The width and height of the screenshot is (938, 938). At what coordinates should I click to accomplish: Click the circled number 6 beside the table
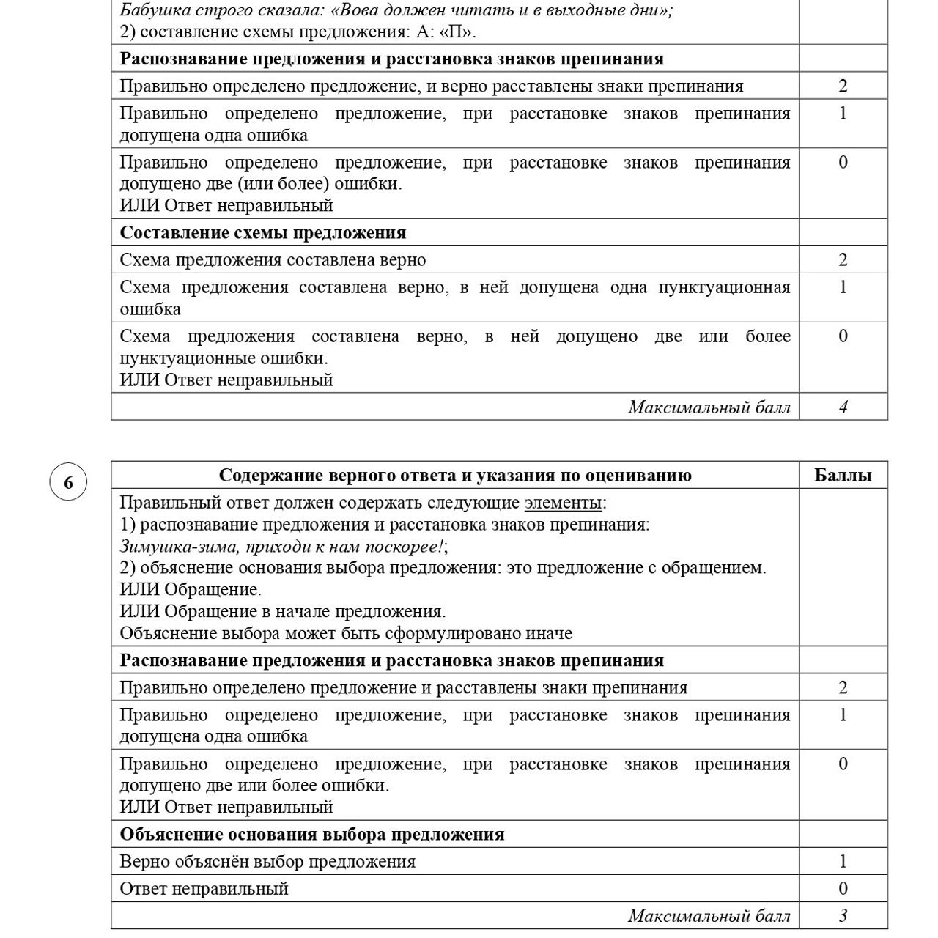[x=68, y=482]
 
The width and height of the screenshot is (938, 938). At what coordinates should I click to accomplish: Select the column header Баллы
[x=843, y=475]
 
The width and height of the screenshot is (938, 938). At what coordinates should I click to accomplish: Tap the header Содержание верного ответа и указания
[x=454, y=475]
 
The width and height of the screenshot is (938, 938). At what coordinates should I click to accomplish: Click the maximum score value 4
[x=843, y=407]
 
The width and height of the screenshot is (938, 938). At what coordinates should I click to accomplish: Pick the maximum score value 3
[x=843, y=916]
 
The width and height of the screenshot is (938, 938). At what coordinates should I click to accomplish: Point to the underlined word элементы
[x=563, y=503]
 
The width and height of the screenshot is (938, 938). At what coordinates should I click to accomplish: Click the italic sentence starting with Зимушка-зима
[x=283, y=546]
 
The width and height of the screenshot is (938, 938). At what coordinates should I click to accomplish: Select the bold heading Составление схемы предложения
[x=262, y=233]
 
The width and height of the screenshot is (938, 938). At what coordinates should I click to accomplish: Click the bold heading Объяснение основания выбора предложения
[x=311, y=835]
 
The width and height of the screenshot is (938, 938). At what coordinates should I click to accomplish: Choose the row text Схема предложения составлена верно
[x=273, y=260]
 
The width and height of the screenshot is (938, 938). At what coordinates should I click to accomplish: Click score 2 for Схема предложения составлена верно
[x=843, y=260]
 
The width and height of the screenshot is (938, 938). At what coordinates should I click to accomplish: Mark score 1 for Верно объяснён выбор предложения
[x=843, y=862]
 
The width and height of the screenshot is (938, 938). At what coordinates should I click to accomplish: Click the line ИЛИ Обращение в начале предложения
[x=283, y=611]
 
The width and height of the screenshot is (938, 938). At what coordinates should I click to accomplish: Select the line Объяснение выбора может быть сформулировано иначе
[x=346, y=633]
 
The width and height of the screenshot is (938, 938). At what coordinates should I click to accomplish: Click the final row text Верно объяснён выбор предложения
[x=267, y=862]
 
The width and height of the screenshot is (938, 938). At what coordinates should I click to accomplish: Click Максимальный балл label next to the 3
[x=709, y=916]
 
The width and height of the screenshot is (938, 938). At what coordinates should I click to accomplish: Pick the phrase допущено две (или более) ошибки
[x=260, y=184]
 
